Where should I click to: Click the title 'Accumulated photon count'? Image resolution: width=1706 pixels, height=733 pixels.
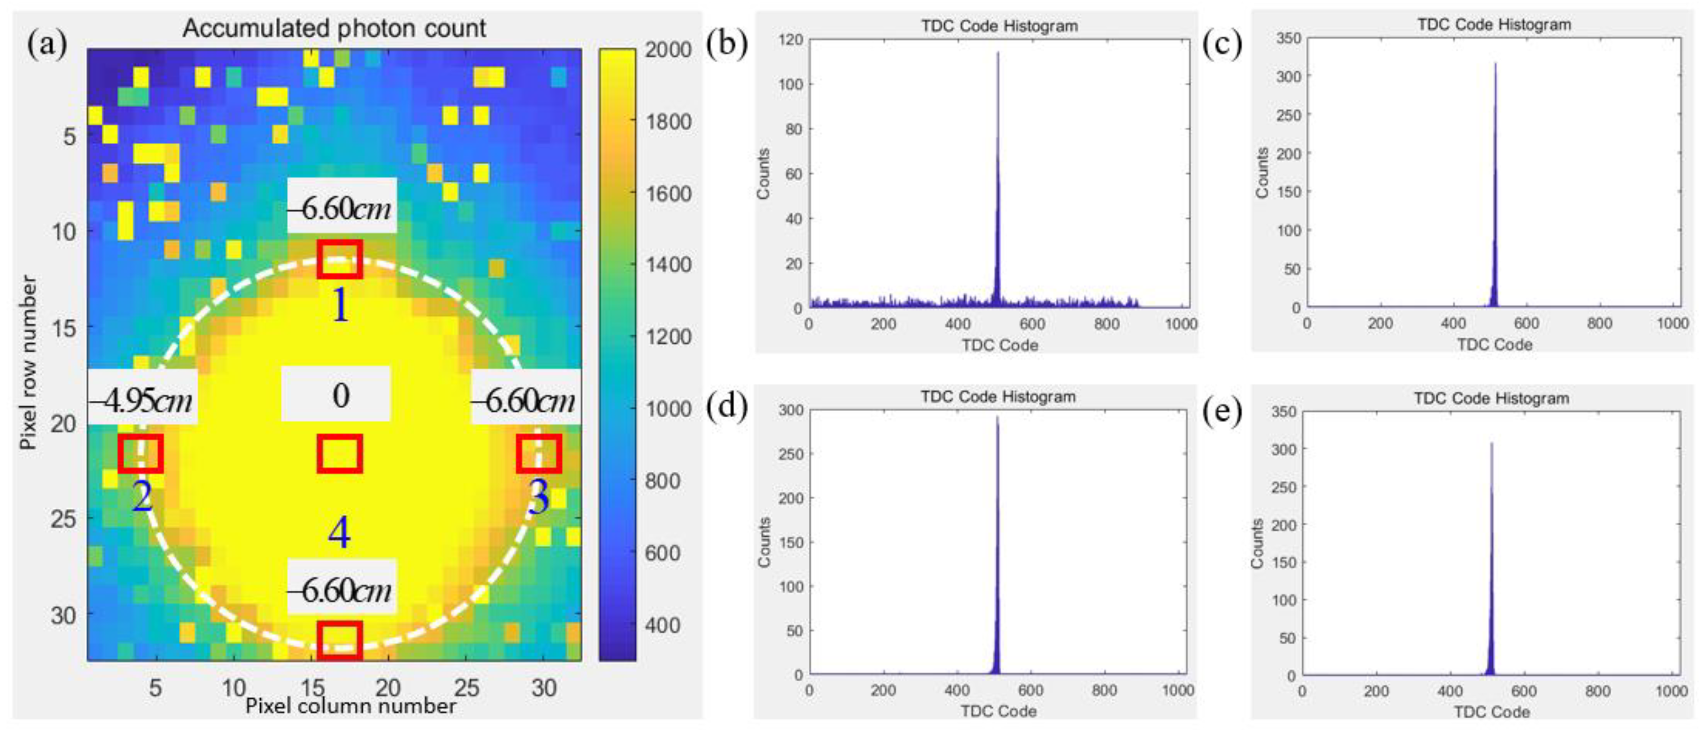[x=334, y=28]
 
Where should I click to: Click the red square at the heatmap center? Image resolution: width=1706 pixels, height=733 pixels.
[x=340, y=454]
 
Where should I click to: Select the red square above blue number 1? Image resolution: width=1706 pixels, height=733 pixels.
[x=340, y=259]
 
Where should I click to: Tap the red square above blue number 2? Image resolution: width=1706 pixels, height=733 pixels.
[x=140, y=454]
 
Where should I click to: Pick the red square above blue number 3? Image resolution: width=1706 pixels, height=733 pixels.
[x=539, y=454]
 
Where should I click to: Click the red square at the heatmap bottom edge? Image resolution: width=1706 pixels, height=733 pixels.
[x=340, y=640]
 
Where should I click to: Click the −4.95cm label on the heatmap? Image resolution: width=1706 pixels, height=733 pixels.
[x=142, y=400]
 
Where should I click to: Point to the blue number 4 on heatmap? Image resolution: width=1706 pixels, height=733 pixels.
[x=339, y=533]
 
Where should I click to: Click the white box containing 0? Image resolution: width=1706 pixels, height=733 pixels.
[x=336, y=395]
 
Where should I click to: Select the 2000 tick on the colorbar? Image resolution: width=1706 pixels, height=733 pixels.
[x=668, y=50]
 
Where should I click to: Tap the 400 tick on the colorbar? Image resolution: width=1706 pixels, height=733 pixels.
[x=662, y=624]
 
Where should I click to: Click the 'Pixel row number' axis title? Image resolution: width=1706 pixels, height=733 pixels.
[x=28, y=363]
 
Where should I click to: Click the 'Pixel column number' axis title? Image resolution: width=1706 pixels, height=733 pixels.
[x=350, y=706]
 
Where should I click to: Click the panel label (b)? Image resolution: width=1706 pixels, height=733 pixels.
[x=726, y=44]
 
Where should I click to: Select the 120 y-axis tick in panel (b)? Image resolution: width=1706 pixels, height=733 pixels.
[x=791, y=40]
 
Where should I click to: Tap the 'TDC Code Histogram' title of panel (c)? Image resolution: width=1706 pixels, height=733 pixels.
[x=1494, y=25]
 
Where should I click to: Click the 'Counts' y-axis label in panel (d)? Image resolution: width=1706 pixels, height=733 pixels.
[x=764, y=542]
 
